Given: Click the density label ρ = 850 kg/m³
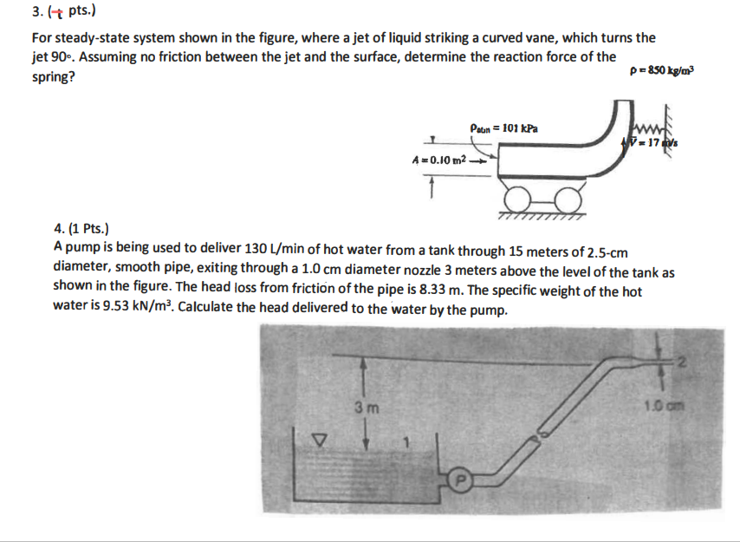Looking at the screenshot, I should (x=660, y=71).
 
